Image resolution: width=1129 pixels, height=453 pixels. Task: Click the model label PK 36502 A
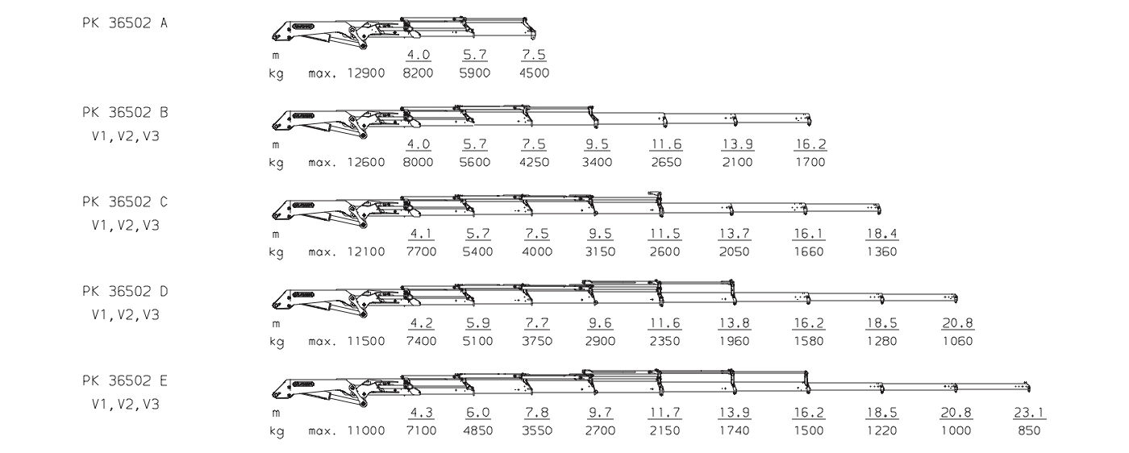124,23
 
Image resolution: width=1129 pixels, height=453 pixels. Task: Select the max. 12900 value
347,73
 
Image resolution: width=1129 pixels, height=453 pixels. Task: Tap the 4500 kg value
534,73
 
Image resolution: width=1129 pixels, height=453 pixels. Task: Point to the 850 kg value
1029,430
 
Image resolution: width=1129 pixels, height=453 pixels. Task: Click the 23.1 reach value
1029,413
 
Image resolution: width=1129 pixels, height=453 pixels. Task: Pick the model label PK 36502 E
124,381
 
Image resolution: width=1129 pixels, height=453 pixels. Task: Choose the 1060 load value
958,341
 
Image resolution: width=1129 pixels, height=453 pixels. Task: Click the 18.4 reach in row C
882,233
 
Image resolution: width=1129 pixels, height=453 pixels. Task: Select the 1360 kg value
882,251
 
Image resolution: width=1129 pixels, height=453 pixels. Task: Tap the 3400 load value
598,162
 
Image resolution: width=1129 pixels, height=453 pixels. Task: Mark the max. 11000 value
347,430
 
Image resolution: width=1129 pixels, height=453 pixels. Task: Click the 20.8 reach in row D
958,323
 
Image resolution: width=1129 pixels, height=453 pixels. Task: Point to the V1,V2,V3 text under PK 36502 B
126,136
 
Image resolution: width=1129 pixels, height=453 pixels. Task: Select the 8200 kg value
419,73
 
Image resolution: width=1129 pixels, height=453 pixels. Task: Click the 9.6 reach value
600,323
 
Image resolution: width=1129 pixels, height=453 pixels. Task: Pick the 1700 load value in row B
810,162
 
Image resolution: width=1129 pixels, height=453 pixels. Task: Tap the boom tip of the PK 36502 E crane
1029,388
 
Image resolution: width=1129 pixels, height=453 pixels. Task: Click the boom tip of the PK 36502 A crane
533,35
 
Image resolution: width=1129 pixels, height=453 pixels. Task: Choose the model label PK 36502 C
124,202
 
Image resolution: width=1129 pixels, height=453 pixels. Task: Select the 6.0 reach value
478,413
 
